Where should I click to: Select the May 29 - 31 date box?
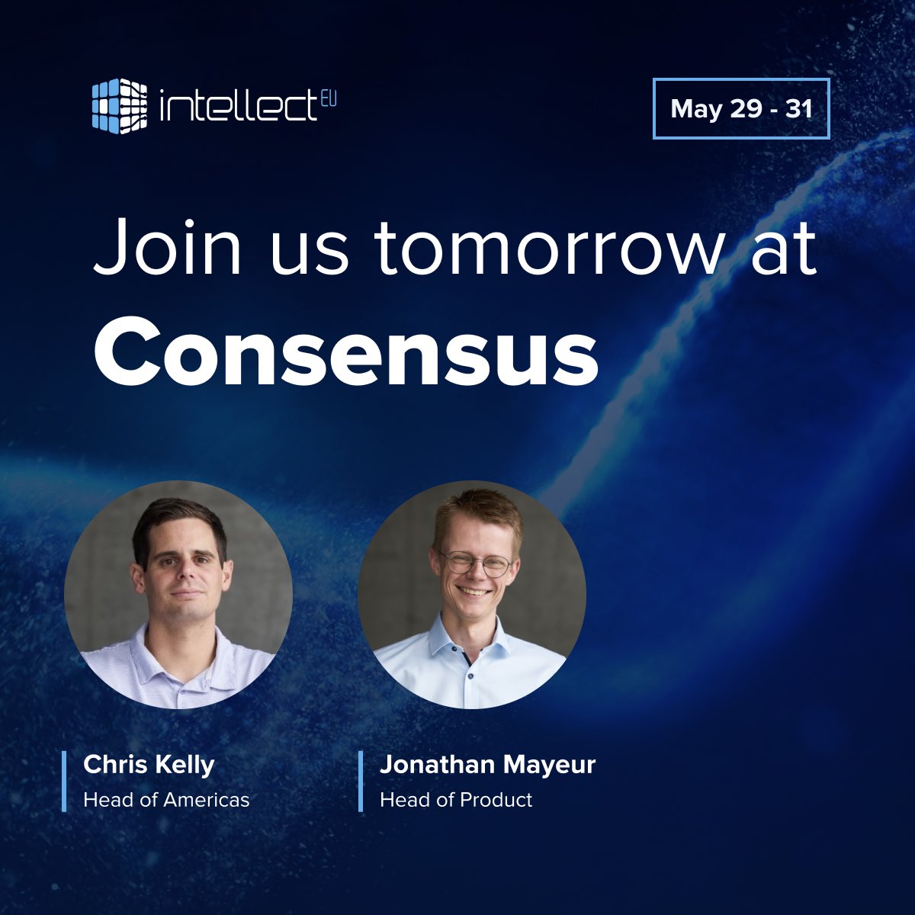[741, 109]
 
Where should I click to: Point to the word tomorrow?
[546, 249]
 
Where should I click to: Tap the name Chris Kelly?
[149, 765]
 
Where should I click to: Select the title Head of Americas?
[166, 800]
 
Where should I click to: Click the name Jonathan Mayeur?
[487, 765]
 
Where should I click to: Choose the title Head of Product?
[456, 800]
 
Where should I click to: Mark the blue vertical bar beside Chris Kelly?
[64, 782]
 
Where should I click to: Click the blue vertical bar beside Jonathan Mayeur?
[360, 782]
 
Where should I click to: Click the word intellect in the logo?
[236, 107]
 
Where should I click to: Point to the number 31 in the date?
[798, 109]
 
